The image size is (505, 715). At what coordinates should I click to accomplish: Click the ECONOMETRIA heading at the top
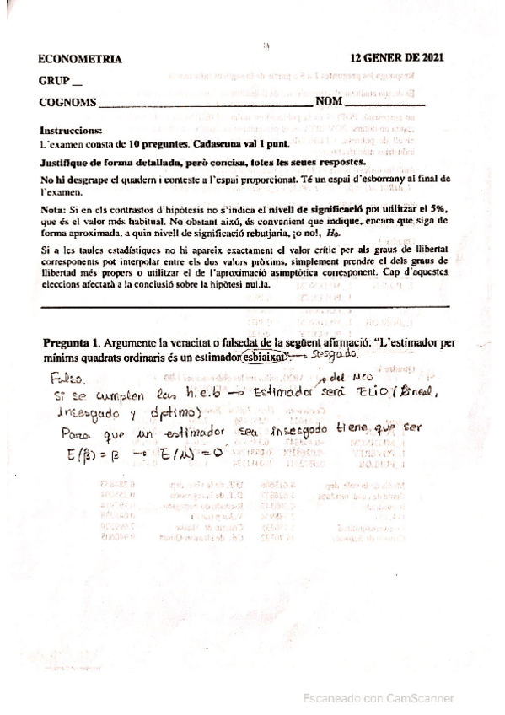pos(81,60)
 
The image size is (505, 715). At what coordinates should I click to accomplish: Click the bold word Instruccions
pos(71,132)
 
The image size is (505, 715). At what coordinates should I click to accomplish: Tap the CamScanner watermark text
pos(380,698)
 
